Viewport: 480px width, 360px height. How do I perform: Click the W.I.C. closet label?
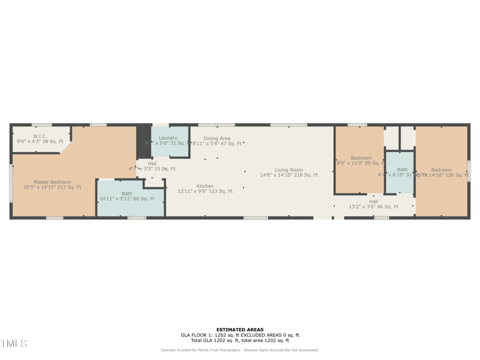pyautogui.click(x=40, y=136)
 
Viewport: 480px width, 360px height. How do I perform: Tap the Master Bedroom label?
pyautogui.click(x=52, y=182)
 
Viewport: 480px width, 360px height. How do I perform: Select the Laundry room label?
pyautogui.click(x=168, y=138)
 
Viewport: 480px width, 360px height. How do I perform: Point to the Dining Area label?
pyautogui.click(x=217, y=139)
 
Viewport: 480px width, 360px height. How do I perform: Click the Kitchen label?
pyautogui.click(x=205, y=186)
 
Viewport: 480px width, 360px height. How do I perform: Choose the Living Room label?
pyautogui.click(x=289, y=170)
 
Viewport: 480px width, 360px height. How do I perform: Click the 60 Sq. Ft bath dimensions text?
pyautogui.click(x=127, y=199)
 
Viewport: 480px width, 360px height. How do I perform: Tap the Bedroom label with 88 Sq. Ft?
pyautogui.click(x=361, y=158)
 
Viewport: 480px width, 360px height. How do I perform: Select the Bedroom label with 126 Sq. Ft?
pyautogui.click(x=441, y=170)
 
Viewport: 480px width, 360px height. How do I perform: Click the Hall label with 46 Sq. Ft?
pyautogui.click(x=374, y=202)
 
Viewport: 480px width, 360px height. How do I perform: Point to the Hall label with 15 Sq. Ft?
pyautogui.click(x=152, y=164)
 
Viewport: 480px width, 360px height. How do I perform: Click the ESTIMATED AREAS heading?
pyautogui.click(x=240, y=329)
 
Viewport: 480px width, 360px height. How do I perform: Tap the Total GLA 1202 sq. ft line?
pyautogui.click(x=240, y=340)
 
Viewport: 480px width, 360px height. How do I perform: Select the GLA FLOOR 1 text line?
pyautogui.click(x=240, y=335)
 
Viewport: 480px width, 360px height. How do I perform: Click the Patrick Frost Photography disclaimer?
pyautogui.click(x=240, y=350)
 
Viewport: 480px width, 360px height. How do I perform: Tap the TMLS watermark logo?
pyautogui.click(x=13, y=344)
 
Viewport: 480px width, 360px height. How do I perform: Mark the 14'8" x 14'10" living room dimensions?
pyautogui.click(x=289, y=175)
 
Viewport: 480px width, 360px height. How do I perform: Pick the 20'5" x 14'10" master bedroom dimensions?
pyautogui.click(x=52, y=187)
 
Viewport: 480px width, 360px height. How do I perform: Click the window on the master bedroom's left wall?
pyautogui.click(x=11, y=183)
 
